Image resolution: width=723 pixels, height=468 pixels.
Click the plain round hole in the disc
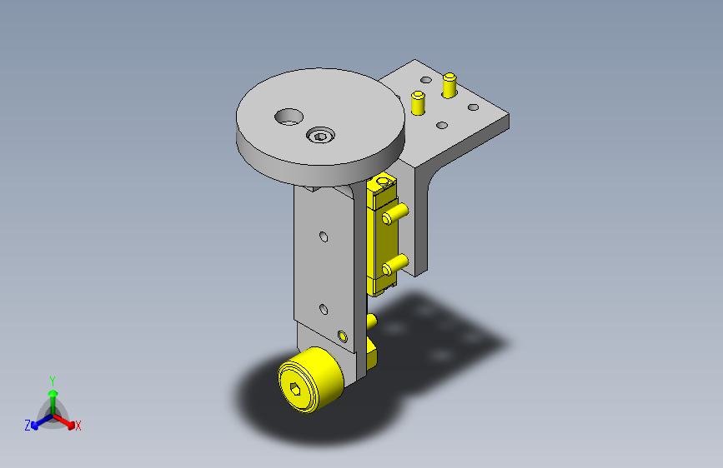tap(289, 117)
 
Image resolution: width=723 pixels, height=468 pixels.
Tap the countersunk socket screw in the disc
tap(320, 135)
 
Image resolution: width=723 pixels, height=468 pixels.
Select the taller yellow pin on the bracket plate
tap(449, 85)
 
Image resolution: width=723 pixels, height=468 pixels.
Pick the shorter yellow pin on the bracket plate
tap(419, 102)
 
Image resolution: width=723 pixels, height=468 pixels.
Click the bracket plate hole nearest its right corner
tap(473, 107)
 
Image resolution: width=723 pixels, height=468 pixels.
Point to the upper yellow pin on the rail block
tap(394, 214)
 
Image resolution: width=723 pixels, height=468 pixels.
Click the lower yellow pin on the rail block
tap(394, 265)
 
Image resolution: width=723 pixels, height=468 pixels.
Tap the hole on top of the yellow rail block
tap(383, 181)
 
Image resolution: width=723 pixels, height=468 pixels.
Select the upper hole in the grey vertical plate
tap(324, 236)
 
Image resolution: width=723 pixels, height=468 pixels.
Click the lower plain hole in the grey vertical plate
tap(324, 309)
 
